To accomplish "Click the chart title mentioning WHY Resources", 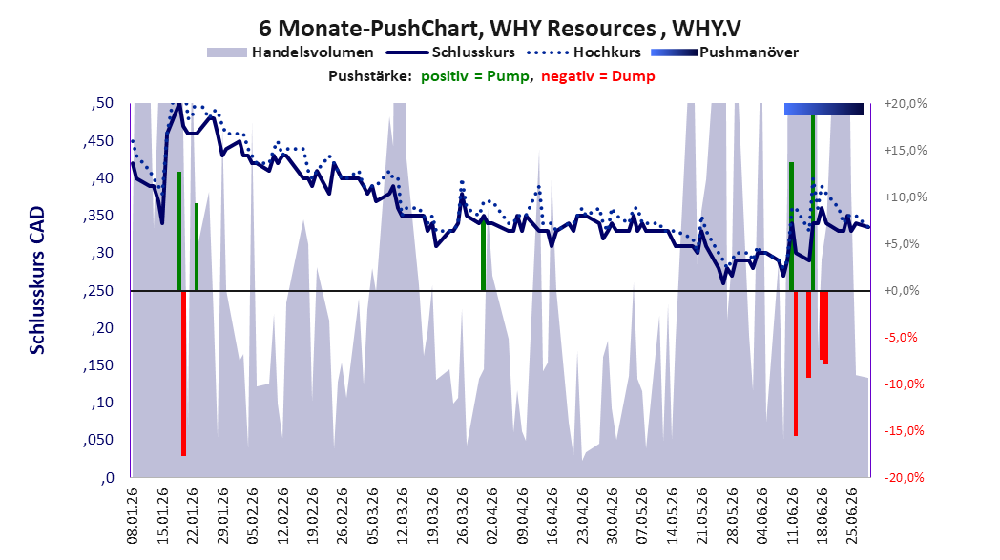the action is tap(499, 28).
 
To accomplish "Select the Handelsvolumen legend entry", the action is tap(290, 52).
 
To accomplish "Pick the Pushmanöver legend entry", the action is tap(724, 52).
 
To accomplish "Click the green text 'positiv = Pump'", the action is tap(475, 76).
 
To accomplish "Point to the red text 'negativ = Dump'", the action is tap(598, 76).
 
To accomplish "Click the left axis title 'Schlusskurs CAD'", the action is tap(37, 280).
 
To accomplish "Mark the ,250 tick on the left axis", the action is tap(98, 291).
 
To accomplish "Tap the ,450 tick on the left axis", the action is tap(98, 141).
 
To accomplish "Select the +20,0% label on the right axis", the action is tap(906, 103).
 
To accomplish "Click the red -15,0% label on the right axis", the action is tap(905, 430).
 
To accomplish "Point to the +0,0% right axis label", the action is tap(902, 291).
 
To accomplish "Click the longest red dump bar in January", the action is tap(183, 373).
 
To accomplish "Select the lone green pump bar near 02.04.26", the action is tap(484, 254).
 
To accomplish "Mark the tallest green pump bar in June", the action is tap(813, 203).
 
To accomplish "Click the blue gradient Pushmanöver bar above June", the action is tap(823, 109).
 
